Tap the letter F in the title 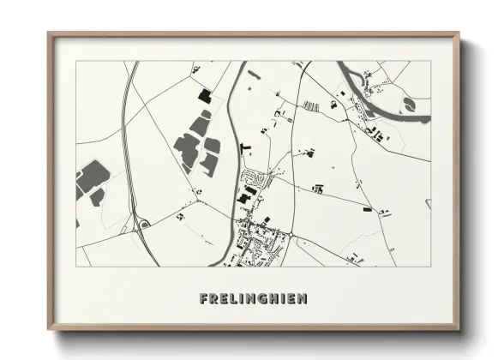click(203, 299)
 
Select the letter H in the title click(273, 299)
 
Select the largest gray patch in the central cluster click(186, 148)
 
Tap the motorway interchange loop click(144, 224)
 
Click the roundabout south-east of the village click(291, 234)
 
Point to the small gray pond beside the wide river click(409, 103)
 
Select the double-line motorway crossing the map click(129, 154)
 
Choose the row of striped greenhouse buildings click(310, 105)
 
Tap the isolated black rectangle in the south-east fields click(367, 208)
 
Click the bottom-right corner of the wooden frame click(458, 328)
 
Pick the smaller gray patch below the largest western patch click(97, 197)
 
